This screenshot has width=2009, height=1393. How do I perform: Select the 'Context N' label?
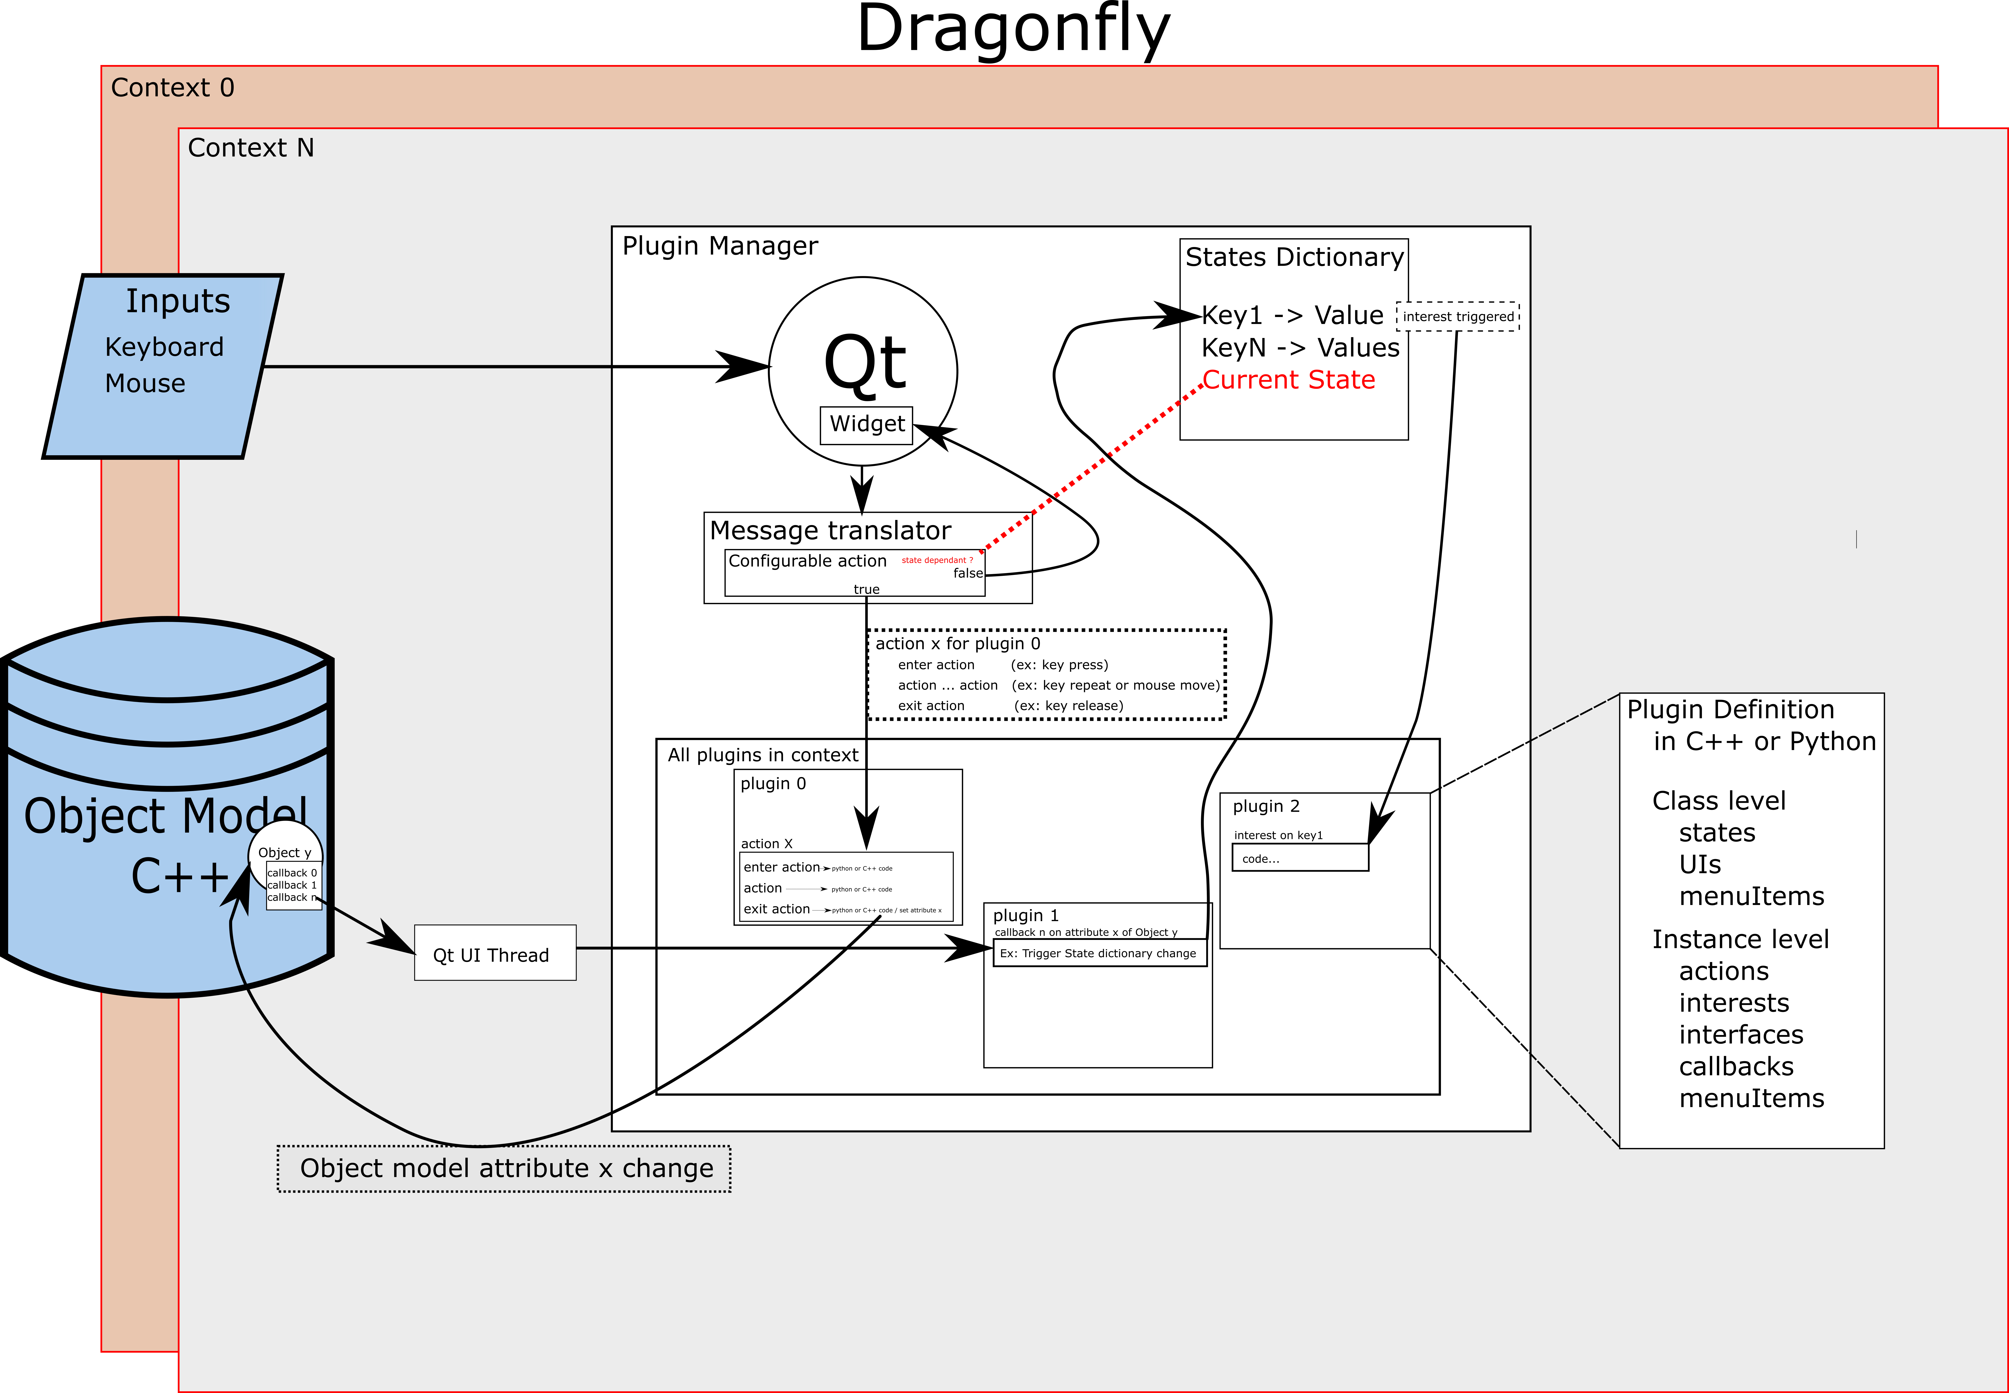pos(250,148)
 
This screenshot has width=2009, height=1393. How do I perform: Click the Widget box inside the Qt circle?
pos(867,425)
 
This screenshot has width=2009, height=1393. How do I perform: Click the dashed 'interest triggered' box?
pos(1457,316)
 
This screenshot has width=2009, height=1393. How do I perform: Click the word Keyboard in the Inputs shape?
pos(164,347)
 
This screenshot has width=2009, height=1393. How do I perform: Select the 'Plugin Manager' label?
pos(720,246)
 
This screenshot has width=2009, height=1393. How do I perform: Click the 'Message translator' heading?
pos(830,531)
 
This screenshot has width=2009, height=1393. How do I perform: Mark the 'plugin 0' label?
pos(773,784)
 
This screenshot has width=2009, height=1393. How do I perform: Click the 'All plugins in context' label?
pos(763,755)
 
